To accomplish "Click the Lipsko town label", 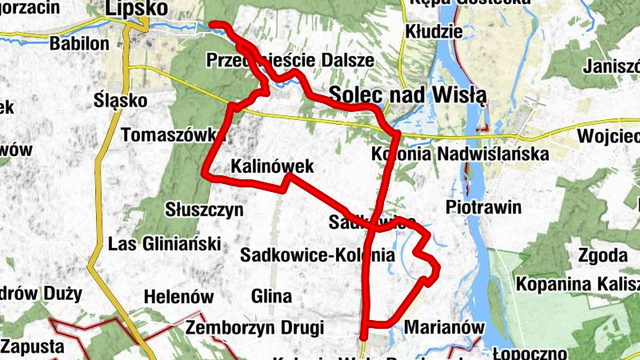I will coord(136,8).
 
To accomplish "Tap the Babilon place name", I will coord(78,43).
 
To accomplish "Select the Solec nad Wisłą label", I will coord(408,94).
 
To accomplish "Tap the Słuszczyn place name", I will coord(203,210).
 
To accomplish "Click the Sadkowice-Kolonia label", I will coord(318,256).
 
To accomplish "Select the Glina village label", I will coord(271,297).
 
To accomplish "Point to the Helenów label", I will coord(178,297).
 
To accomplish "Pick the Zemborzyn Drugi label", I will coord(254,328).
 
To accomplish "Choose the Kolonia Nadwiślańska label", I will coord(459,154).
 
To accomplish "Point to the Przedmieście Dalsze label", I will coord(290,60).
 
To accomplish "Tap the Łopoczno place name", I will coord(529,353).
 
